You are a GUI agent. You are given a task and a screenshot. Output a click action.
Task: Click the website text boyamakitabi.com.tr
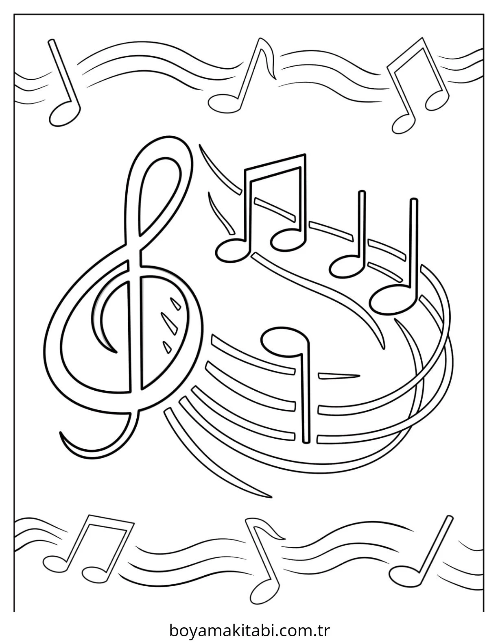tap(249, 623)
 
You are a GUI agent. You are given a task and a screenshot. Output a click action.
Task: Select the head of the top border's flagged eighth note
tap(224, 103)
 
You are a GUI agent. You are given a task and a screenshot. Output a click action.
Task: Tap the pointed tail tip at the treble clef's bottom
tap(61, 433)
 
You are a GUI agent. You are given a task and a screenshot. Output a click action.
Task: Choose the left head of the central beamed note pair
tap(233, 251)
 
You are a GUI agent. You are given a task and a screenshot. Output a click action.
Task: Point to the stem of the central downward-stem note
tap(304, 397)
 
